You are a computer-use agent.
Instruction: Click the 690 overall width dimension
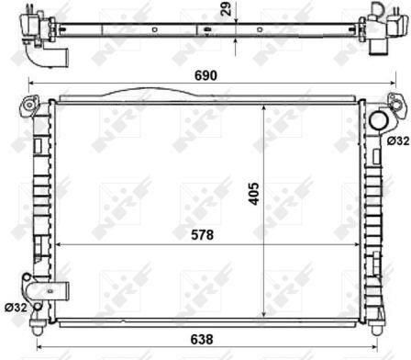[205, 75]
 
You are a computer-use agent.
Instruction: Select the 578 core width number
[202, 235]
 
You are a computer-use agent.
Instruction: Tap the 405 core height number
[253, 194]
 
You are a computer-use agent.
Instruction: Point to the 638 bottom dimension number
[202, 339]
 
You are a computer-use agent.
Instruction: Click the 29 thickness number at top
[227, 9]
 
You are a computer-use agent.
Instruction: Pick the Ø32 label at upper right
[398, 141]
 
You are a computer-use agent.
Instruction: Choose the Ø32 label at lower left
[16, 307]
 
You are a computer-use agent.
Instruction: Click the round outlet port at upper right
[379, 121]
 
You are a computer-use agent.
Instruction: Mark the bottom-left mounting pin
[37, 327]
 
